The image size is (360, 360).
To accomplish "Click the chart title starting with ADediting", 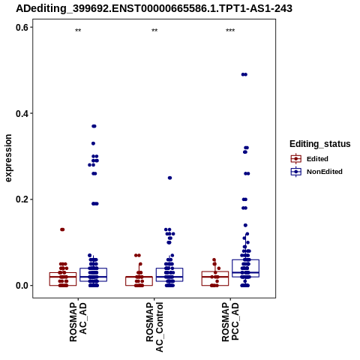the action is (154, 8).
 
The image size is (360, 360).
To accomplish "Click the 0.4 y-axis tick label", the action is (22, 113).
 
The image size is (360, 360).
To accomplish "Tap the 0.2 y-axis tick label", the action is (22, 199).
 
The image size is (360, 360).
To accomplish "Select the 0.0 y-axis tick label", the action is (22, 286).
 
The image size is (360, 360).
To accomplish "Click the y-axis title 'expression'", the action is (8, 158).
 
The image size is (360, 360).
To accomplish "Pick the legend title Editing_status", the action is (320, 144).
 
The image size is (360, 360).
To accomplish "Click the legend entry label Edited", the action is (317, 159).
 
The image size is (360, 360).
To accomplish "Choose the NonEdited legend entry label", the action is (325, 172).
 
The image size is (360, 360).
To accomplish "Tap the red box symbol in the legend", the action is (296, 159).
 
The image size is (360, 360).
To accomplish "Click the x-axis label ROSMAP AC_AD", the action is (78, 322).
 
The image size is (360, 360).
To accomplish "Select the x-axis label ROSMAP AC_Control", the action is (154, 327).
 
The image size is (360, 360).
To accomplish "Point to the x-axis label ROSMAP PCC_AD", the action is (230, 322).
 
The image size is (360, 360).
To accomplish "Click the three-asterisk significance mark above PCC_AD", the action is (230, 31).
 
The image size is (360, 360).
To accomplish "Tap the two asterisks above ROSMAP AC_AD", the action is (78, 31).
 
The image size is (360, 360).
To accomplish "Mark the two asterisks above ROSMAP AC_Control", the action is (154, 31).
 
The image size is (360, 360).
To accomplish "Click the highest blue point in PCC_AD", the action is (244, 74).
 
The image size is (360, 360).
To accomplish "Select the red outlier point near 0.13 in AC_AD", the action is (62, 229).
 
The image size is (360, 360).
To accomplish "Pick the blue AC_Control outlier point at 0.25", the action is (169, 178).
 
